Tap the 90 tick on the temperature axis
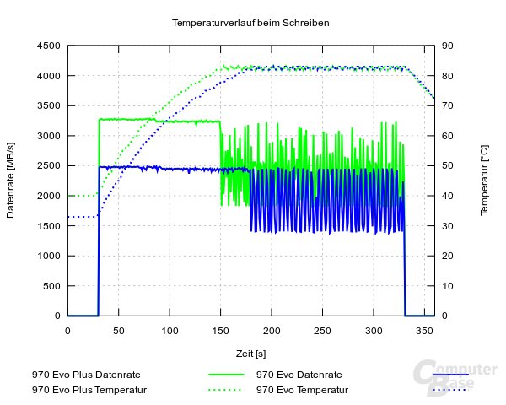click(449, 46)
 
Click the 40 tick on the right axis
click(449, 196)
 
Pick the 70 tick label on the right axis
click(449, 105)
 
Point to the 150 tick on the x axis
click(221, 331)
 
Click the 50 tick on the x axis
click(119, 331)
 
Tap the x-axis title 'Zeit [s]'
click(250, 353)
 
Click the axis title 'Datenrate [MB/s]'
click(12, 181)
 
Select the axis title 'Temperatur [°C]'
click(484, 180)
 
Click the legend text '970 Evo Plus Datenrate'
click(86, 374)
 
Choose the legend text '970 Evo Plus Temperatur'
click(89, 390)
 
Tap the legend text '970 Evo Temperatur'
click(301, 390)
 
